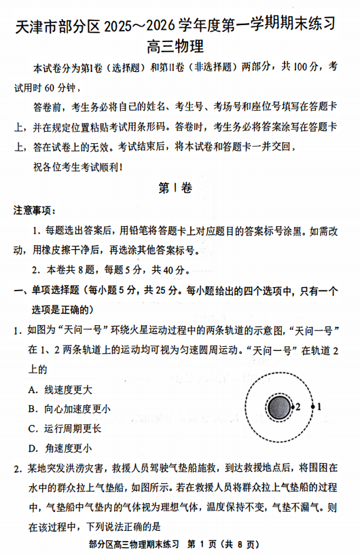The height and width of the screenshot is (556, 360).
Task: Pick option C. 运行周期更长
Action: (x=65, y=428)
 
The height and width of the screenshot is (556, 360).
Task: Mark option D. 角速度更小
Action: (x=60, y=448)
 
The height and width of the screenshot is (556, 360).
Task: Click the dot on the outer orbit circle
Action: (x=312, y=407)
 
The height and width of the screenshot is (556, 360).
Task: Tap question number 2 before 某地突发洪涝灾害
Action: (x=16, y=468)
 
